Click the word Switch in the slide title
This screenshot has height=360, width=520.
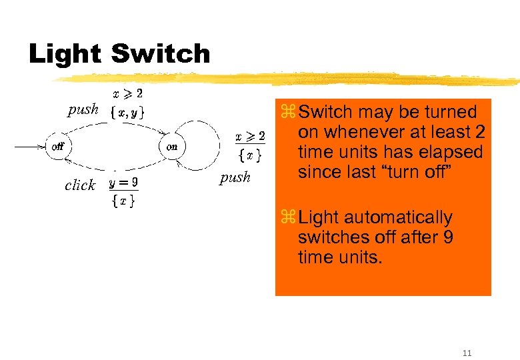tap(160, 53)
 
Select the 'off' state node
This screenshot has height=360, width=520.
tap(57, 147)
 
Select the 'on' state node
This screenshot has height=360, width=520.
tap(171, 147)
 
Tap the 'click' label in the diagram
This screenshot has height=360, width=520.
tap(80, 185)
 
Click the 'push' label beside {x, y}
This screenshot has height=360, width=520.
tap(83, 109)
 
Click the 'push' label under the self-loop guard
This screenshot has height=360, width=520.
tap(235, 177)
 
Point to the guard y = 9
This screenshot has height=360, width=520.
tap(124, 182)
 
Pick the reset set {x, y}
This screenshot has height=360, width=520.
tap(128, 111)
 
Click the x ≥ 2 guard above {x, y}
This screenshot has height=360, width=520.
tap(129, 93)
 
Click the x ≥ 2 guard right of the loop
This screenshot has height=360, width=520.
tap(251, 137)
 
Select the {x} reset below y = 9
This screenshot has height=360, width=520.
tap(124, 200)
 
